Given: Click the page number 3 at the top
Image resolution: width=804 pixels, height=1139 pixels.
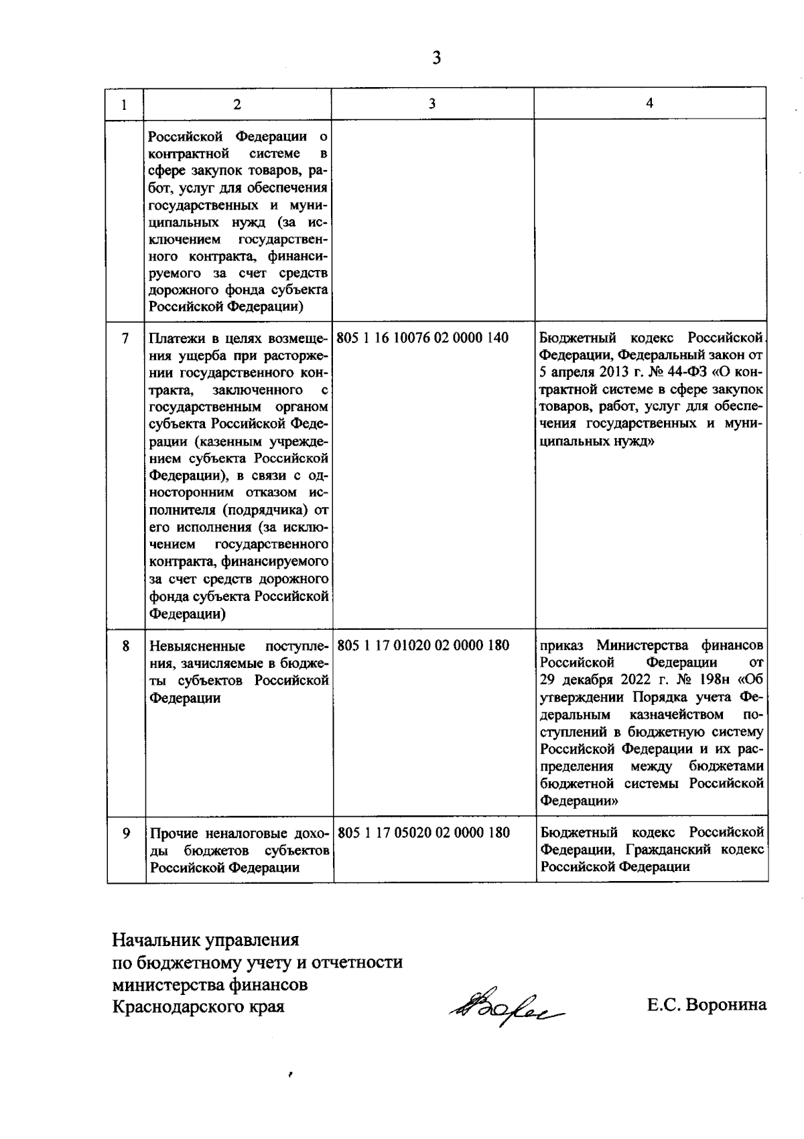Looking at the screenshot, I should click(x=436, y=58).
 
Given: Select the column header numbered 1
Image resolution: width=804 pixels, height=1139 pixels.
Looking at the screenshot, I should click(x=125, y=105).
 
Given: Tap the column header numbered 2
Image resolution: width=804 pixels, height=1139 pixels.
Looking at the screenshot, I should click(x=237, y=104).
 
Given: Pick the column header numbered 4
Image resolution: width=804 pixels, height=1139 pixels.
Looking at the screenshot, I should click(x=649, y=103).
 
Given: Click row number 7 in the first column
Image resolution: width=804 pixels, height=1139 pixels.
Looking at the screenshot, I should click(x=125, y=338).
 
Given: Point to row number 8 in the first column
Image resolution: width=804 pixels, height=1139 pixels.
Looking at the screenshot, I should click(x=125, y=646).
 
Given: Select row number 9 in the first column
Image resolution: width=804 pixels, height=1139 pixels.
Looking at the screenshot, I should click(x=126, y=833).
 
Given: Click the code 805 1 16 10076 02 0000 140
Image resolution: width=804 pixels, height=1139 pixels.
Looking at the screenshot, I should click(x=422, y=338).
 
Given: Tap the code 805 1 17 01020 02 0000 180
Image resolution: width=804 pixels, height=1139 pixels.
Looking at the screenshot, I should click(x=423, y=646).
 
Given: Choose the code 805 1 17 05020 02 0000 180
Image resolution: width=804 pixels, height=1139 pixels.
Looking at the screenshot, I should click(x=424, y=833).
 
